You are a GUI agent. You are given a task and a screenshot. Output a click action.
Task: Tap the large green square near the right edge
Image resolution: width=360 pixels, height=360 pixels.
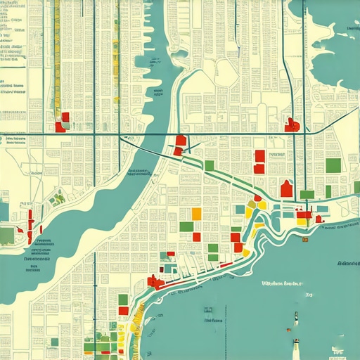coord(333,166)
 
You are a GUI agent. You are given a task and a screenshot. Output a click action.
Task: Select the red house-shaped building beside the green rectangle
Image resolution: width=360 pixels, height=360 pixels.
coord(286,188)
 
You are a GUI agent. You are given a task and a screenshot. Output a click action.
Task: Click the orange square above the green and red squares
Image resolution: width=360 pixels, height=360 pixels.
coord(196,214)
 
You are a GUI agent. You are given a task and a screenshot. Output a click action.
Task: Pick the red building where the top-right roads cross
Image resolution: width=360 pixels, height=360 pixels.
coord(292,125)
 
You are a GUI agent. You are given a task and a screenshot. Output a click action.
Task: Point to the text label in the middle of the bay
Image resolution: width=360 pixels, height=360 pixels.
coord(281,284)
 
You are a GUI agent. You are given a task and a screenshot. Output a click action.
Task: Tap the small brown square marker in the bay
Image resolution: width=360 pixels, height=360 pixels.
coord(304,241)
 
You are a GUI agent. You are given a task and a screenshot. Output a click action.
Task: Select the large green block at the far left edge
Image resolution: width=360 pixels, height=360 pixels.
coord(6,235)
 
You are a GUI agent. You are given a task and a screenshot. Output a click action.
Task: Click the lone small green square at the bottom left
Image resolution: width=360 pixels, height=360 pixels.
coord(53,342)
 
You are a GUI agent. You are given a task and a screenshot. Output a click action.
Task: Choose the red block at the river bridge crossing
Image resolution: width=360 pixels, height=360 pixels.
coord(181,141)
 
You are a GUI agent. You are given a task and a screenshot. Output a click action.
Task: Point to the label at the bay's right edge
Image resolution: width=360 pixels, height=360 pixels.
coord(348,264)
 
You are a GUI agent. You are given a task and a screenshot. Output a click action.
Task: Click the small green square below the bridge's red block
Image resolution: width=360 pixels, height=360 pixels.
coord(209,165)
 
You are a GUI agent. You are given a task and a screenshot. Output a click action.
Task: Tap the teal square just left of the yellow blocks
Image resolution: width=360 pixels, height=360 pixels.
coord(240,209)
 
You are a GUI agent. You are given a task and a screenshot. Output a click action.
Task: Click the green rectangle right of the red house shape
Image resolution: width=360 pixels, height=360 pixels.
coord(307,194)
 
